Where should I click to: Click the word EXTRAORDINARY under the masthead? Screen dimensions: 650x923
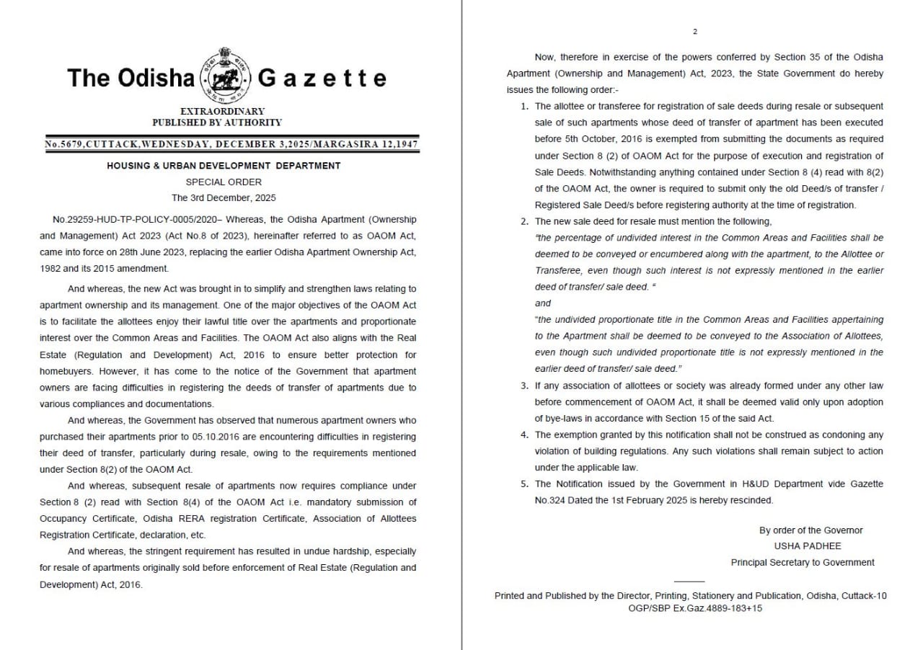[x=222, y=111]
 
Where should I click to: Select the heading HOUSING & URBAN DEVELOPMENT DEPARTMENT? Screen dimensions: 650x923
[x=224, y=166]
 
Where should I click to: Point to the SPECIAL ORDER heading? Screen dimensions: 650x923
[x=224, y=182]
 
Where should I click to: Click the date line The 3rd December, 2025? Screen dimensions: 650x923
[x=224, y=197]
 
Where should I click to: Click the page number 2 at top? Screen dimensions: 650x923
[x=695, y=31]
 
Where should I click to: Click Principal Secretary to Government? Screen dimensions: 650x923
[x=803, y=562]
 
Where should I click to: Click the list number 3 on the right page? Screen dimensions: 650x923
[x=524, y=386]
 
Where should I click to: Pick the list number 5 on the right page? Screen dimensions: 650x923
[x=524, y=484]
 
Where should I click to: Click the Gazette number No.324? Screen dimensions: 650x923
[x=552, y=500]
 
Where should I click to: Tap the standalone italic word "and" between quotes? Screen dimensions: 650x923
[x=543, y=303]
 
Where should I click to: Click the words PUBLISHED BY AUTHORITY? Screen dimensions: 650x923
[x=222, y=123]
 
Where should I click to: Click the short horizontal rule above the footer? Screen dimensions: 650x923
[x=689, y=581]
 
